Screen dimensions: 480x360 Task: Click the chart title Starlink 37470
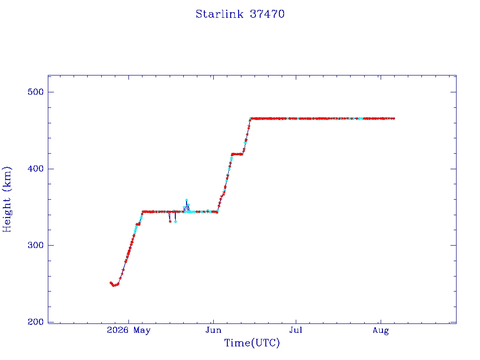pyautogui.click(x=240, y=14)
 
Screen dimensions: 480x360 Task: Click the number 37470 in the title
pyautogui.click(x=267, y=14)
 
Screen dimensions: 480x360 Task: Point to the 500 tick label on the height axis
pyautogui.click(x=36, y=92)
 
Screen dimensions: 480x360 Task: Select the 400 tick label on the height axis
pyautogui.click(x=36, y=169)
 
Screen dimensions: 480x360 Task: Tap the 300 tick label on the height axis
pyautogui.click(x=36, y=245)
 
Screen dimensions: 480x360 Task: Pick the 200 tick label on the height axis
pyautogui.click(x=36, y=322)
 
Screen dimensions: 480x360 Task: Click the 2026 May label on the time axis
pyautogui.click(x=128, y=330)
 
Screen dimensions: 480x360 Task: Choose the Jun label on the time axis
pyautogui.click(x=213, y=330)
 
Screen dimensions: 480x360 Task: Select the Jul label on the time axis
pyautogui.click(x=296, y=330)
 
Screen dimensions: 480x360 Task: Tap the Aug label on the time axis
pyautogui.click(x=381, y=330)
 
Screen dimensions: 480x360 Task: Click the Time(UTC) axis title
pyautogui.click(x=252, y=343)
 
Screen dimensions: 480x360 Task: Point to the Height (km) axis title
pyautogui.click(x=7, y=199)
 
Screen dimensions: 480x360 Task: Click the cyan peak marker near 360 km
pyautogui.click(x=187, y=200)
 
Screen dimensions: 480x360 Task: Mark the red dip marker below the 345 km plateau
pyautogui.click(x=170, y=221)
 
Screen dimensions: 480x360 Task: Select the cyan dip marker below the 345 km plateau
pyautogui.click(x=175, y=222)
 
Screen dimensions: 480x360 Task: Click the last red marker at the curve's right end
pyautogui.click(x=394, y=119)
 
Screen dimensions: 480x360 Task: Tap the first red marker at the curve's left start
pyautogui.click(x=111, y=283)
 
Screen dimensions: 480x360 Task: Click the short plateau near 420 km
pyautogui.click(x=237, y=154)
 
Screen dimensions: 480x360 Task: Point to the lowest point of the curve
pyautogui.click(x=114, y=285)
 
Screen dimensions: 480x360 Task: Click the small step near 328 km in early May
pyautogui.click(x=138, y=224)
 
